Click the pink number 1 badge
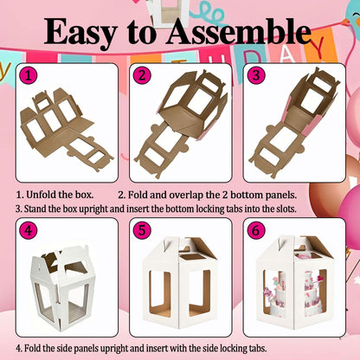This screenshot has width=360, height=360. (x=29, y=75)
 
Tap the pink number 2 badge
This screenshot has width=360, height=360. (x=142, y=75)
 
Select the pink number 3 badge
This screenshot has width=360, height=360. (x=256, y=75)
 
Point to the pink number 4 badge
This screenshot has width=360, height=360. (x=29, y=230)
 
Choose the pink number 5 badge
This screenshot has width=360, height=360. (x=142, y=230)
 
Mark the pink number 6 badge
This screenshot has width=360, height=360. (x=256, y=230)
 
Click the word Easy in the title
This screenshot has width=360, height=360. (x=80, y=32)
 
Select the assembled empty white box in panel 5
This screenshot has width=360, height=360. (x=180, y=282)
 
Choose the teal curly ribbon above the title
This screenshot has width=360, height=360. (x=213, y=13)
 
